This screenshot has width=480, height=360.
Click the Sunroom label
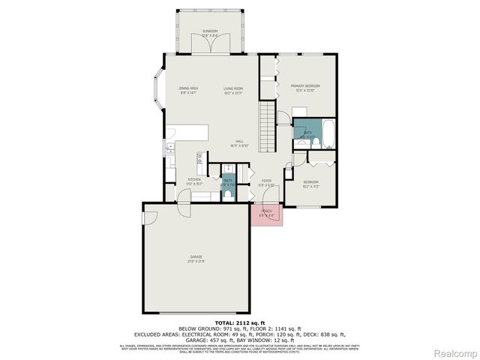tap(209, 31)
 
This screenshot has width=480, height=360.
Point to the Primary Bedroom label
tap(305, 87)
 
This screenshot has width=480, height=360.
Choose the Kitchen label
tap(193, 181)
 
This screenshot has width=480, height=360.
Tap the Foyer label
tap(266, 181)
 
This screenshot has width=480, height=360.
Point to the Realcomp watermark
tap(455, 352)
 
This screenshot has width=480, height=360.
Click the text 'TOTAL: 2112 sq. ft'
tap(239, 322)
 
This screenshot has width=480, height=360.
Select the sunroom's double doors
tap(209, 44)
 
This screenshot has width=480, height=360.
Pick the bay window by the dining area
tap(159, 90)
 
